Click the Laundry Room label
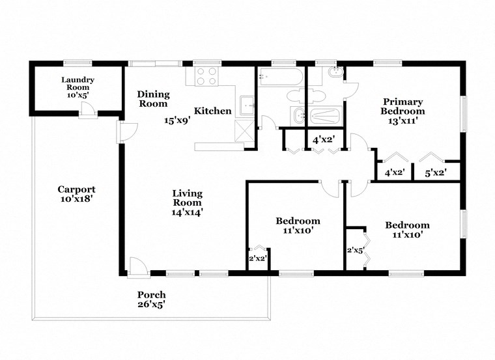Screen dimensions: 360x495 (x=78, y=87)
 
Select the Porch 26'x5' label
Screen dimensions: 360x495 (x=150, y=299)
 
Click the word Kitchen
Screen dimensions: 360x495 (x=212, y=111)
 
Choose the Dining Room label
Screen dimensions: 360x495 (x=152, y=99)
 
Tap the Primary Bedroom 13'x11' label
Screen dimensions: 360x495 (x=402, y=111)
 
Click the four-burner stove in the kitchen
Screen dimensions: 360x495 (x=206, y=77)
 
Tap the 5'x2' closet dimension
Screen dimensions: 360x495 (x=435, y=173)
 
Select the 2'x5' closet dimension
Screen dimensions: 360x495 (x=354, y=249)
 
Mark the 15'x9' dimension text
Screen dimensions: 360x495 (x=177, y=120)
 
